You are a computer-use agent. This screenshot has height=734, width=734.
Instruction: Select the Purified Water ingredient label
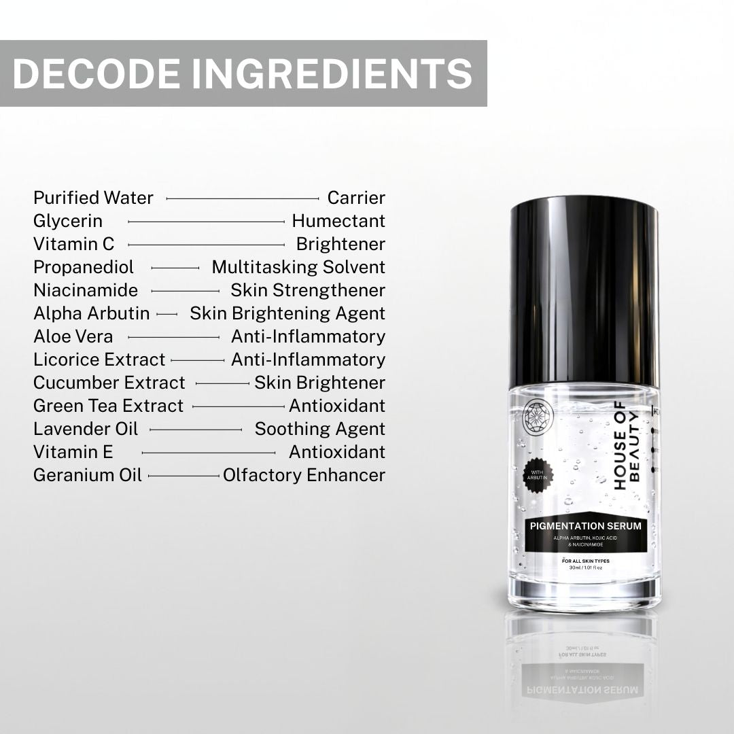93,198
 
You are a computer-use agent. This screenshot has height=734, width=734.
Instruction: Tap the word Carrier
356,198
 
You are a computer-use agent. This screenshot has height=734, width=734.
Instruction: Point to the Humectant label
338,221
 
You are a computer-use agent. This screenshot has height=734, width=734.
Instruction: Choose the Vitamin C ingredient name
74,244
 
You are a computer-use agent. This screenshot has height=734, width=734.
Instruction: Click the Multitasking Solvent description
298,267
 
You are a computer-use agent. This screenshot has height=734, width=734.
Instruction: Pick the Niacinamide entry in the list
86,290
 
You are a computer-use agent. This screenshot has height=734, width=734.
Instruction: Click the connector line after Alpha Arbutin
167,314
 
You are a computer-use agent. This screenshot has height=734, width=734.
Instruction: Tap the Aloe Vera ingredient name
73,336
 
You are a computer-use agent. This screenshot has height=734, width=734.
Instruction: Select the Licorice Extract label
99,360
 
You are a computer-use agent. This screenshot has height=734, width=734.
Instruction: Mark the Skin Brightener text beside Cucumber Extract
319,383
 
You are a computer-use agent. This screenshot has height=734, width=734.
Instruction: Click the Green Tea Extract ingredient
108,406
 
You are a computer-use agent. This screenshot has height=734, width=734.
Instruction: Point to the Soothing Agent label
319,429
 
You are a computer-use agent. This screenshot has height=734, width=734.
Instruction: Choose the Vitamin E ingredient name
73,452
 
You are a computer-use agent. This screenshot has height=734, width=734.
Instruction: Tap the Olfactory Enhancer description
304,475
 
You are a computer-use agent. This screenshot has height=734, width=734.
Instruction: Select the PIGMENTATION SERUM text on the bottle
584,525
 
